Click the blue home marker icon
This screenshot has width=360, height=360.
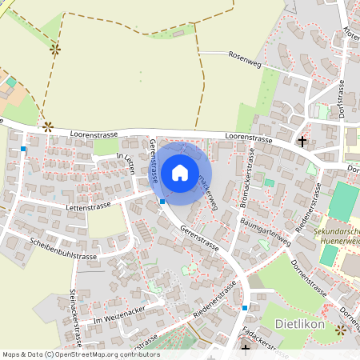[x=180, y=173]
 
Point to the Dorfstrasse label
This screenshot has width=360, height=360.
[x=341, y=101]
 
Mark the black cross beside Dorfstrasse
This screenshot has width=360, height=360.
[x=302, y=142]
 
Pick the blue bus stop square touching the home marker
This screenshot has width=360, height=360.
[x=162, y=202]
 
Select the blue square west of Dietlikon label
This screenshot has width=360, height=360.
[x=245, y=307]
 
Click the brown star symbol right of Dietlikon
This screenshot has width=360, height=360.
[x=342, y=329]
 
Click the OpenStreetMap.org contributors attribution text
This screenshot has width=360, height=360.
[x=104, y=354]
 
